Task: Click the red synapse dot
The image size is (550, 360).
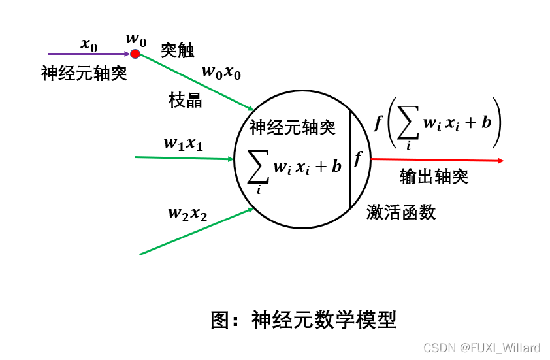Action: [135, 54]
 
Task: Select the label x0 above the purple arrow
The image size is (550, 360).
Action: [89, 44]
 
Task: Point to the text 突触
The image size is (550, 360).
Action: [178, 50]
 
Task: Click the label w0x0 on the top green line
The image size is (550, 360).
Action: [221, 72]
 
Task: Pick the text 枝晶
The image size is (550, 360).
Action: [186, 100]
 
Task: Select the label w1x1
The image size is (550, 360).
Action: [184, 144]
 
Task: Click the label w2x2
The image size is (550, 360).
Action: [187, 213]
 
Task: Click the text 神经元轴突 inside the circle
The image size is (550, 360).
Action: [293, 127]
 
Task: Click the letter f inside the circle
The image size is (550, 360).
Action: [358, 159]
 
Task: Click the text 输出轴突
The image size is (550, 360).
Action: [434, 176]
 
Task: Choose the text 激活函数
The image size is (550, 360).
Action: [401, 212]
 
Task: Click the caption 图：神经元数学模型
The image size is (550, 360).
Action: [304, 319]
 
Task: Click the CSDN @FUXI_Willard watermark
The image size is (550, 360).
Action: [482, 348]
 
